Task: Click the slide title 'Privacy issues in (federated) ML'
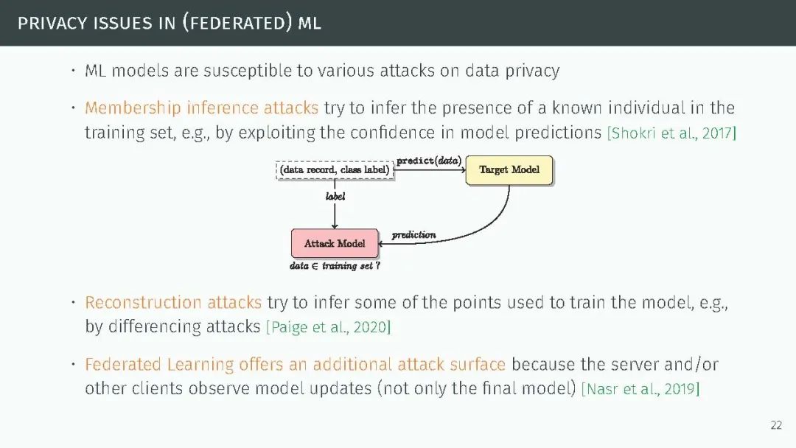170,23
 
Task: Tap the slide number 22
776,425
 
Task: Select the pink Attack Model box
335,243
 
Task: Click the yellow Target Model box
509,170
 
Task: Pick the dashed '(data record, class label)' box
335,170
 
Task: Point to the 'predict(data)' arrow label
429,161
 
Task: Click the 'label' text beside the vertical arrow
335,197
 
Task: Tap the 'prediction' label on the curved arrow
413,235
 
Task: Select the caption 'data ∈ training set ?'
335,266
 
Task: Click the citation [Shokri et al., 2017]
671,133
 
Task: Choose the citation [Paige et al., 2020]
328,327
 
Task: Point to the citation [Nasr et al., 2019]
640,389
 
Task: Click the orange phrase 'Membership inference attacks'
201,108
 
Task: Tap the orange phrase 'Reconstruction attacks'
173,303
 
